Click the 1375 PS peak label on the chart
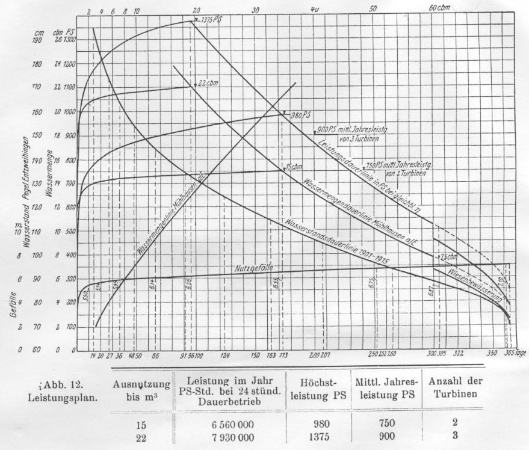coord(208,19)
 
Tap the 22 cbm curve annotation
coord(207,84)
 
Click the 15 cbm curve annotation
coord(293,167)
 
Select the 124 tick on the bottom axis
coord(225,355)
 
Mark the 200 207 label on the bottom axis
coord(318,355)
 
